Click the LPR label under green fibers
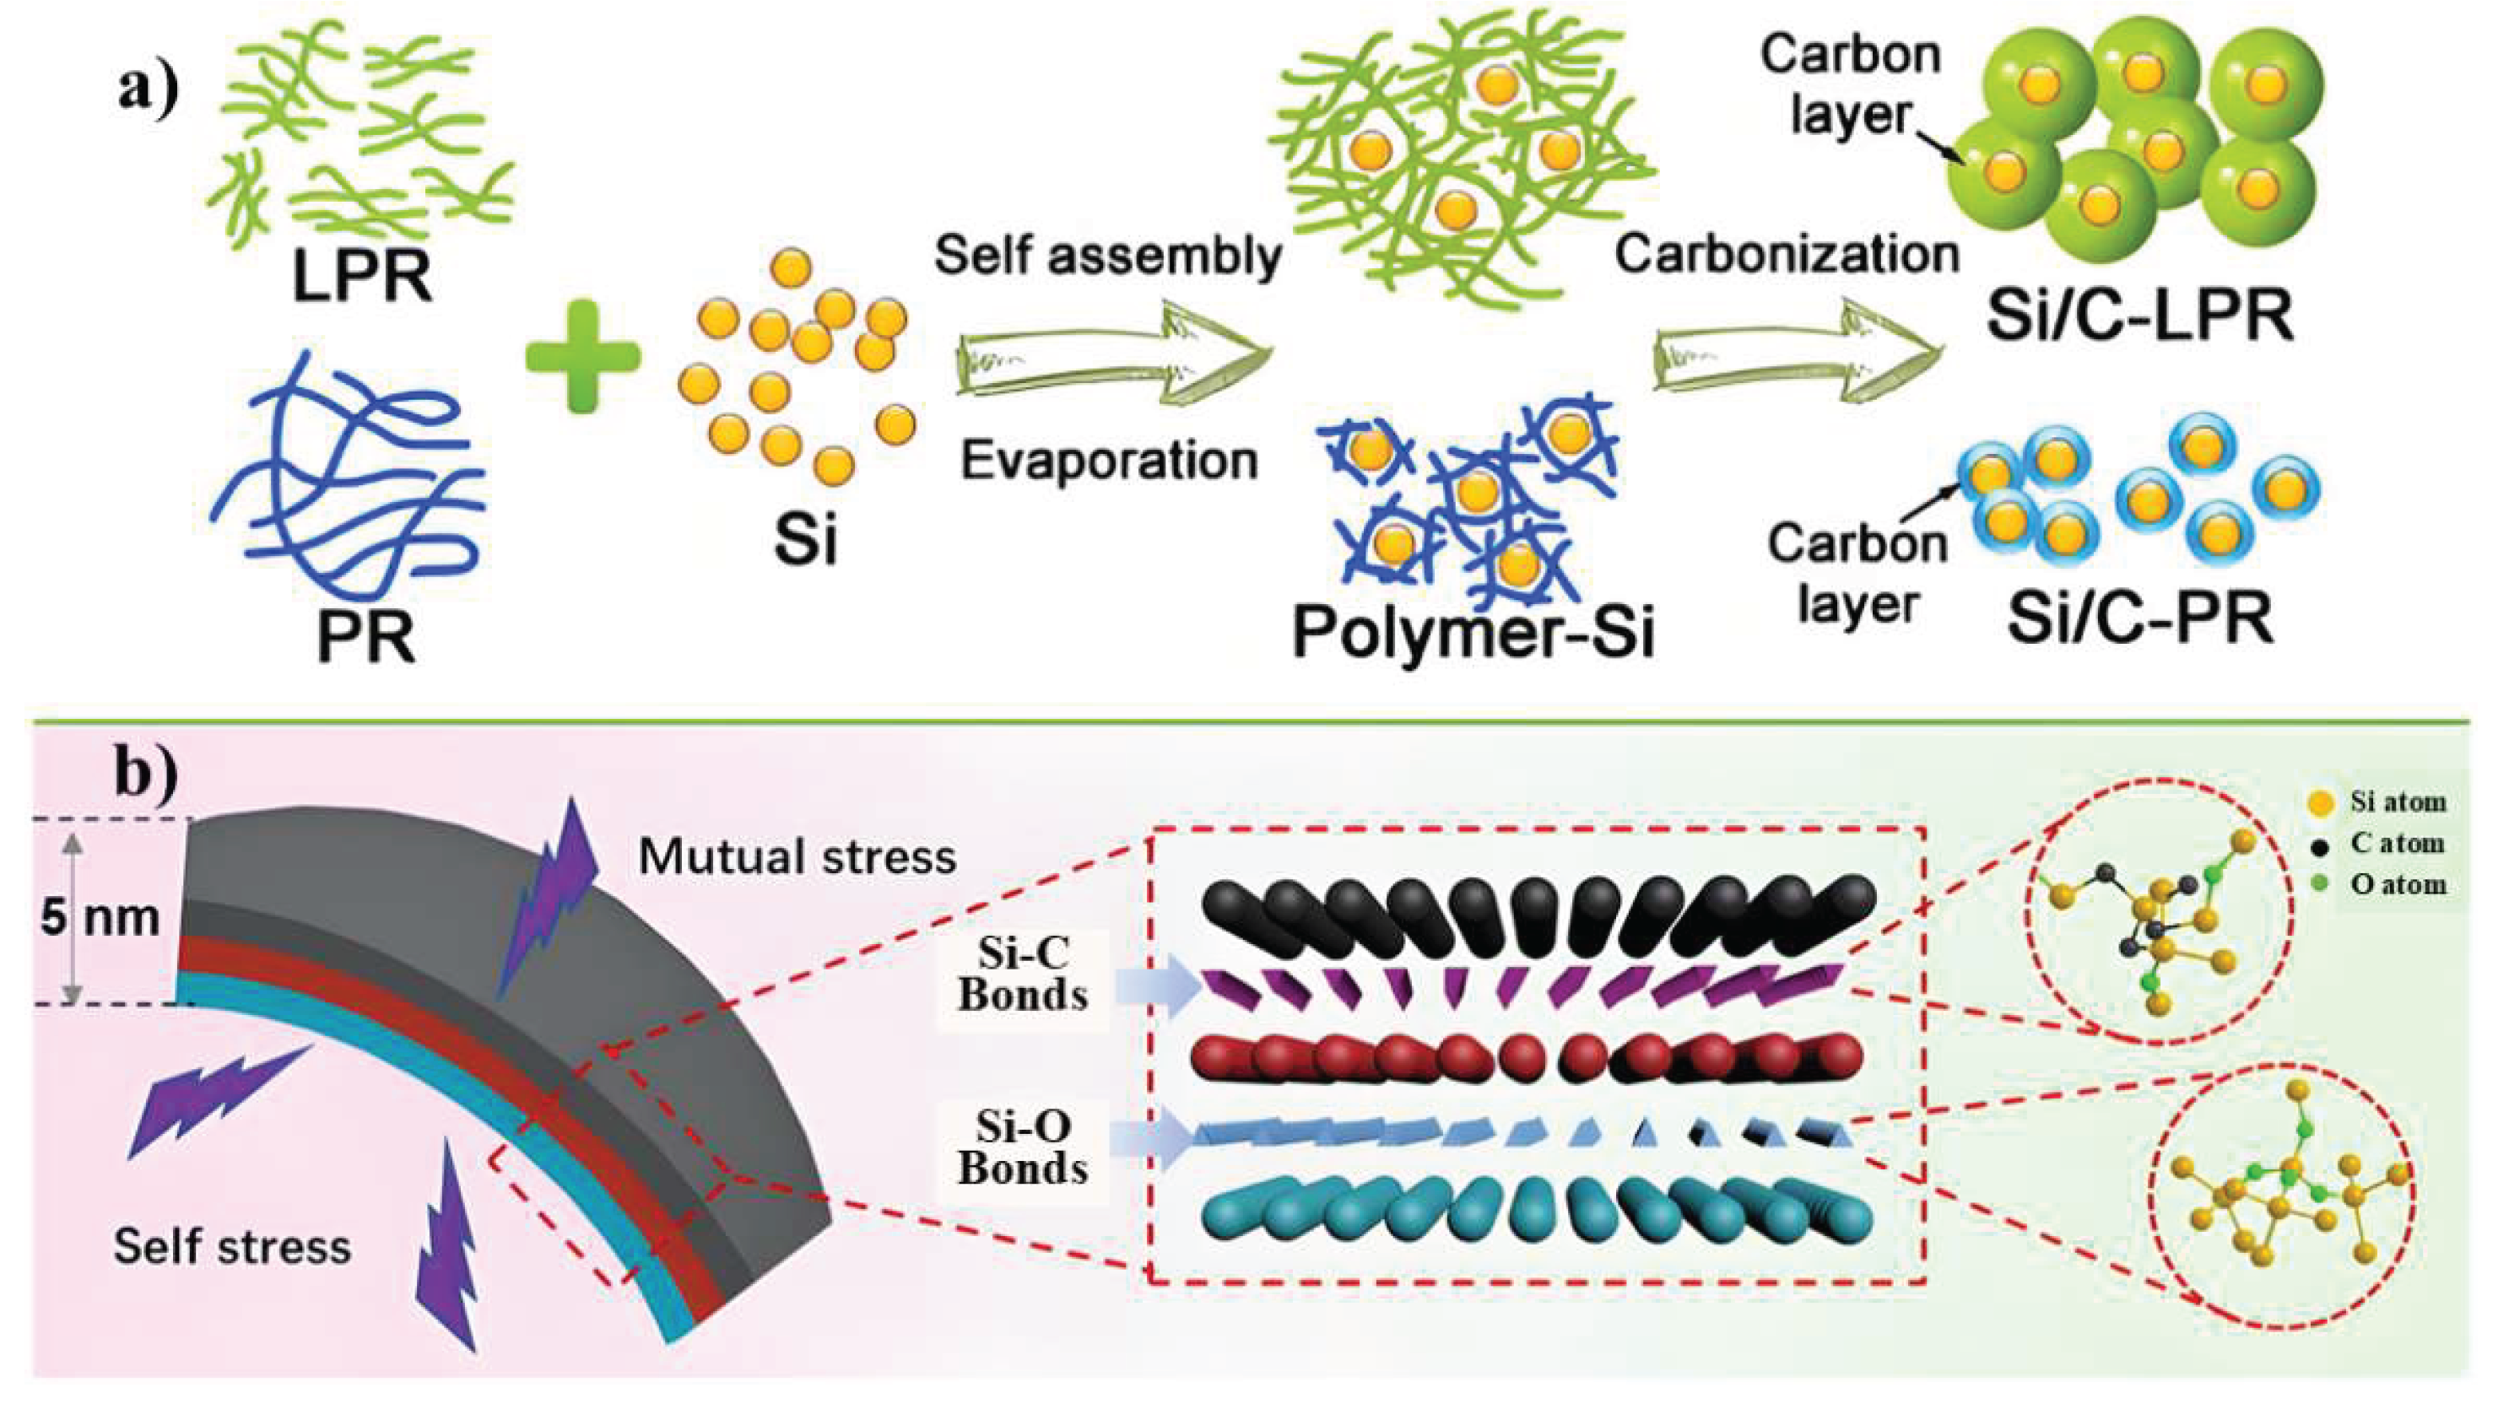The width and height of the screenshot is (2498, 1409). [362, 278]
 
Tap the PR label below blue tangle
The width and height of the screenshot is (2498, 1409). [365, 637]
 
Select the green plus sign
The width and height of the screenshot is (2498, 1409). [583, 356]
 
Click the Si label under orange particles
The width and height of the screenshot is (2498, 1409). [805, 539]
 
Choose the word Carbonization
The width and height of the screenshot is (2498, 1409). [1787, 255]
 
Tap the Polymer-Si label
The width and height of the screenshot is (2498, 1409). [1472, 632]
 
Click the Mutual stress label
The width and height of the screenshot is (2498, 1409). [798, 857]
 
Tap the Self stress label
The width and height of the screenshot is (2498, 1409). [232, 1246]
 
